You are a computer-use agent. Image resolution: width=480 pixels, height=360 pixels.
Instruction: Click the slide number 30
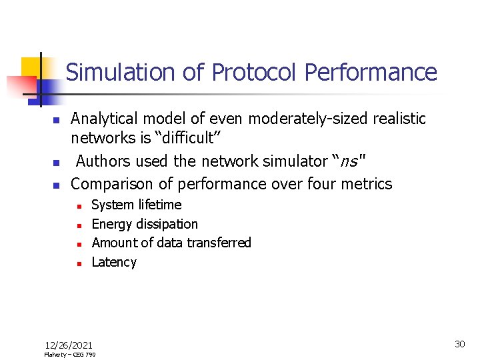click(459, 344)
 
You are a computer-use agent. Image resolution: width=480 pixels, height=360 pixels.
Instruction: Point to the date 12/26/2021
click(69, 345)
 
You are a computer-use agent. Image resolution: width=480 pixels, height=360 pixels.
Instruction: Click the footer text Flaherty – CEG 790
click(70, 355)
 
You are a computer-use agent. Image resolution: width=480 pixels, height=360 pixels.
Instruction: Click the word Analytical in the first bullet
click(105, 119)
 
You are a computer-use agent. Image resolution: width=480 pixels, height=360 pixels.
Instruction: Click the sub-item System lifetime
click(136, 205)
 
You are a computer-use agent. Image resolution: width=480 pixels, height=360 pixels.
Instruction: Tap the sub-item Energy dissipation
click(145, 224)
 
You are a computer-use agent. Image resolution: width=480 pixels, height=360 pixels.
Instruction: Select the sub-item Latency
click(114, 262)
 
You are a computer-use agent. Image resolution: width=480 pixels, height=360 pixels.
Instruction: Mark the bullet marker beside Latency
click(78, 263)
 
